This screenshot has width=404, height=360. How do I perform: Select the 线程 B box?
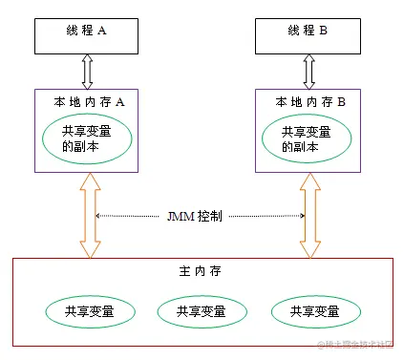click(x=308, y=32)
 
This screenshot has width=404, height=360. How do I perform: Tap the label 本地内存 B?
click(x=308, y=101)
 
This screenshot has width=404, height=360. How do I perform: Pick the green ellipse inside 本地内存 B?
click(x=308, y=140)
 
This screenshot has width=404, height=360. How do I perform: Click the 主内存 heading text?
click(x=202, y=272)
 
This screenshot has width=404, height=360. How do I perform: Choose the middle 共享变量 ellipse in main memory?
click(x=202, y=310)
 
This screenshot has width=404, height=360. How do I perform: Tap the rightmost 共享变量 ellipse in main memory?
click(x=316, y=310)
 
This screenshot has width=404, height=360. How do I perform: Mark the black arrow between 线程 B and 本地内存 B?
click(x=308, y=71)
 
